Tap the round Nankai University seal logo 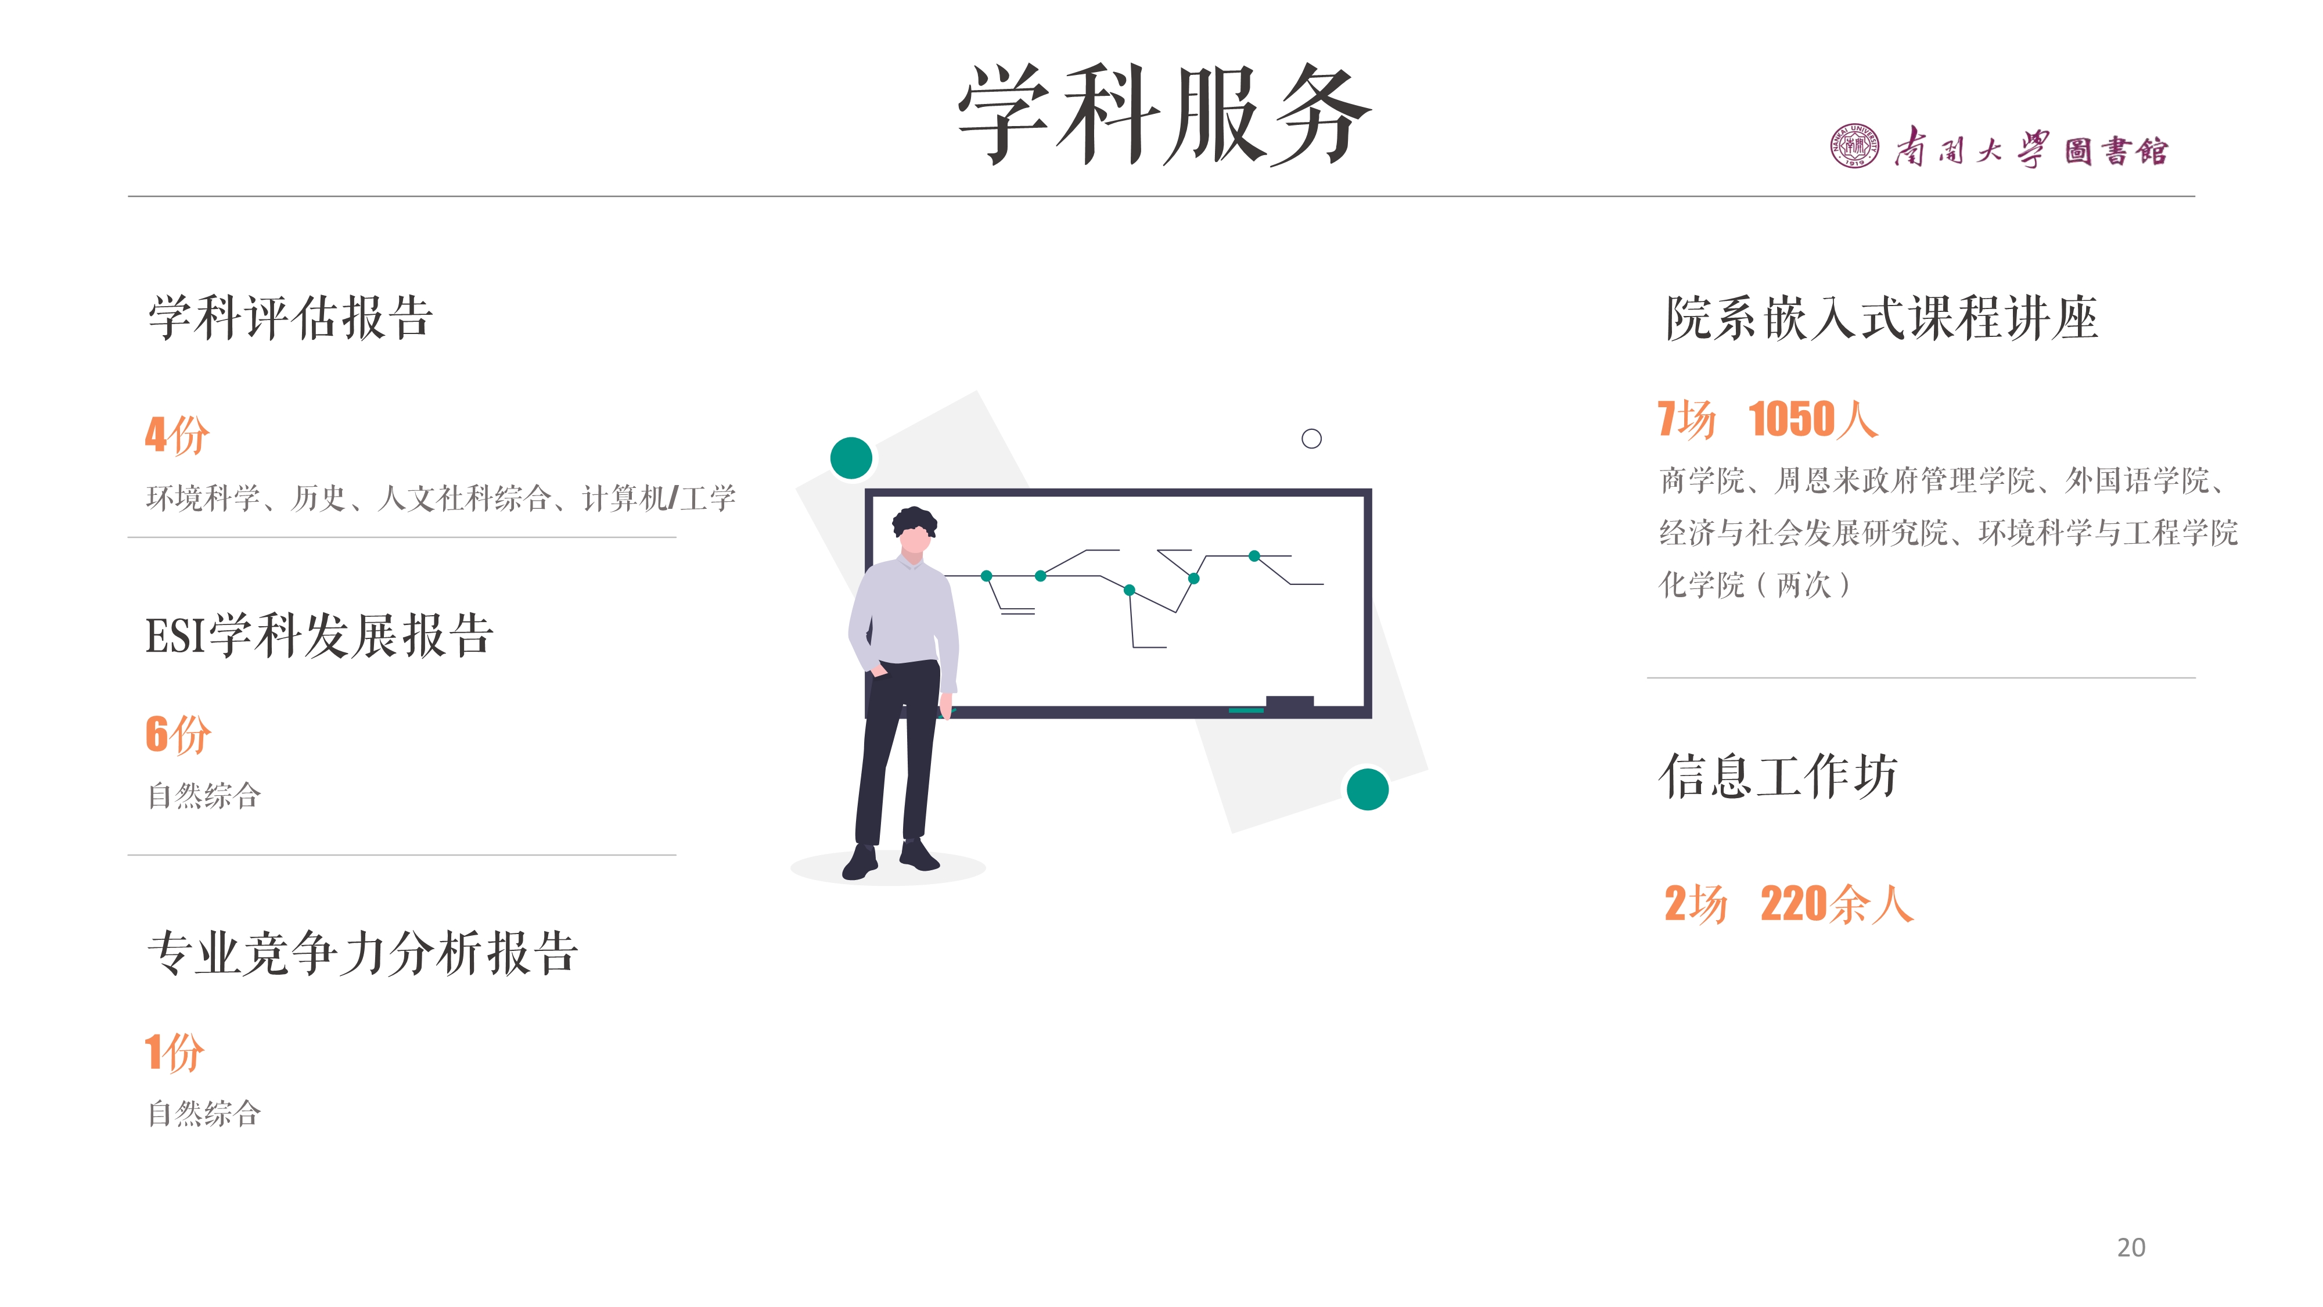(x=1854, y=146)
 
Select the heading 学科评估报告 (x=290, y=318)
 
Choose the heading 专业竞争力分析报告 (x=362, y=953)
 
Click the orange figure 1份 (x=175, y=1052)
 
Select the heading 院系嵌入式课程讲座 (x=1881, y=318)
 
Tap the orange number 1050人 (x=1813, y=419)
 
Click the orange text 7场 (x=1686, y=419)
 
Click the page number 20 (x=2131, y=1248)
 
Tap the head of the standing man (x=915, y=532)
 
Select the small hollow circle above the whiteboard (x=1311, y=439)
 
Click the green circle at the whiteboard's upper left (x=850, y=458)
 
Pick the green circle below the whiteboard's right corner (x=1367, y=789)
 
